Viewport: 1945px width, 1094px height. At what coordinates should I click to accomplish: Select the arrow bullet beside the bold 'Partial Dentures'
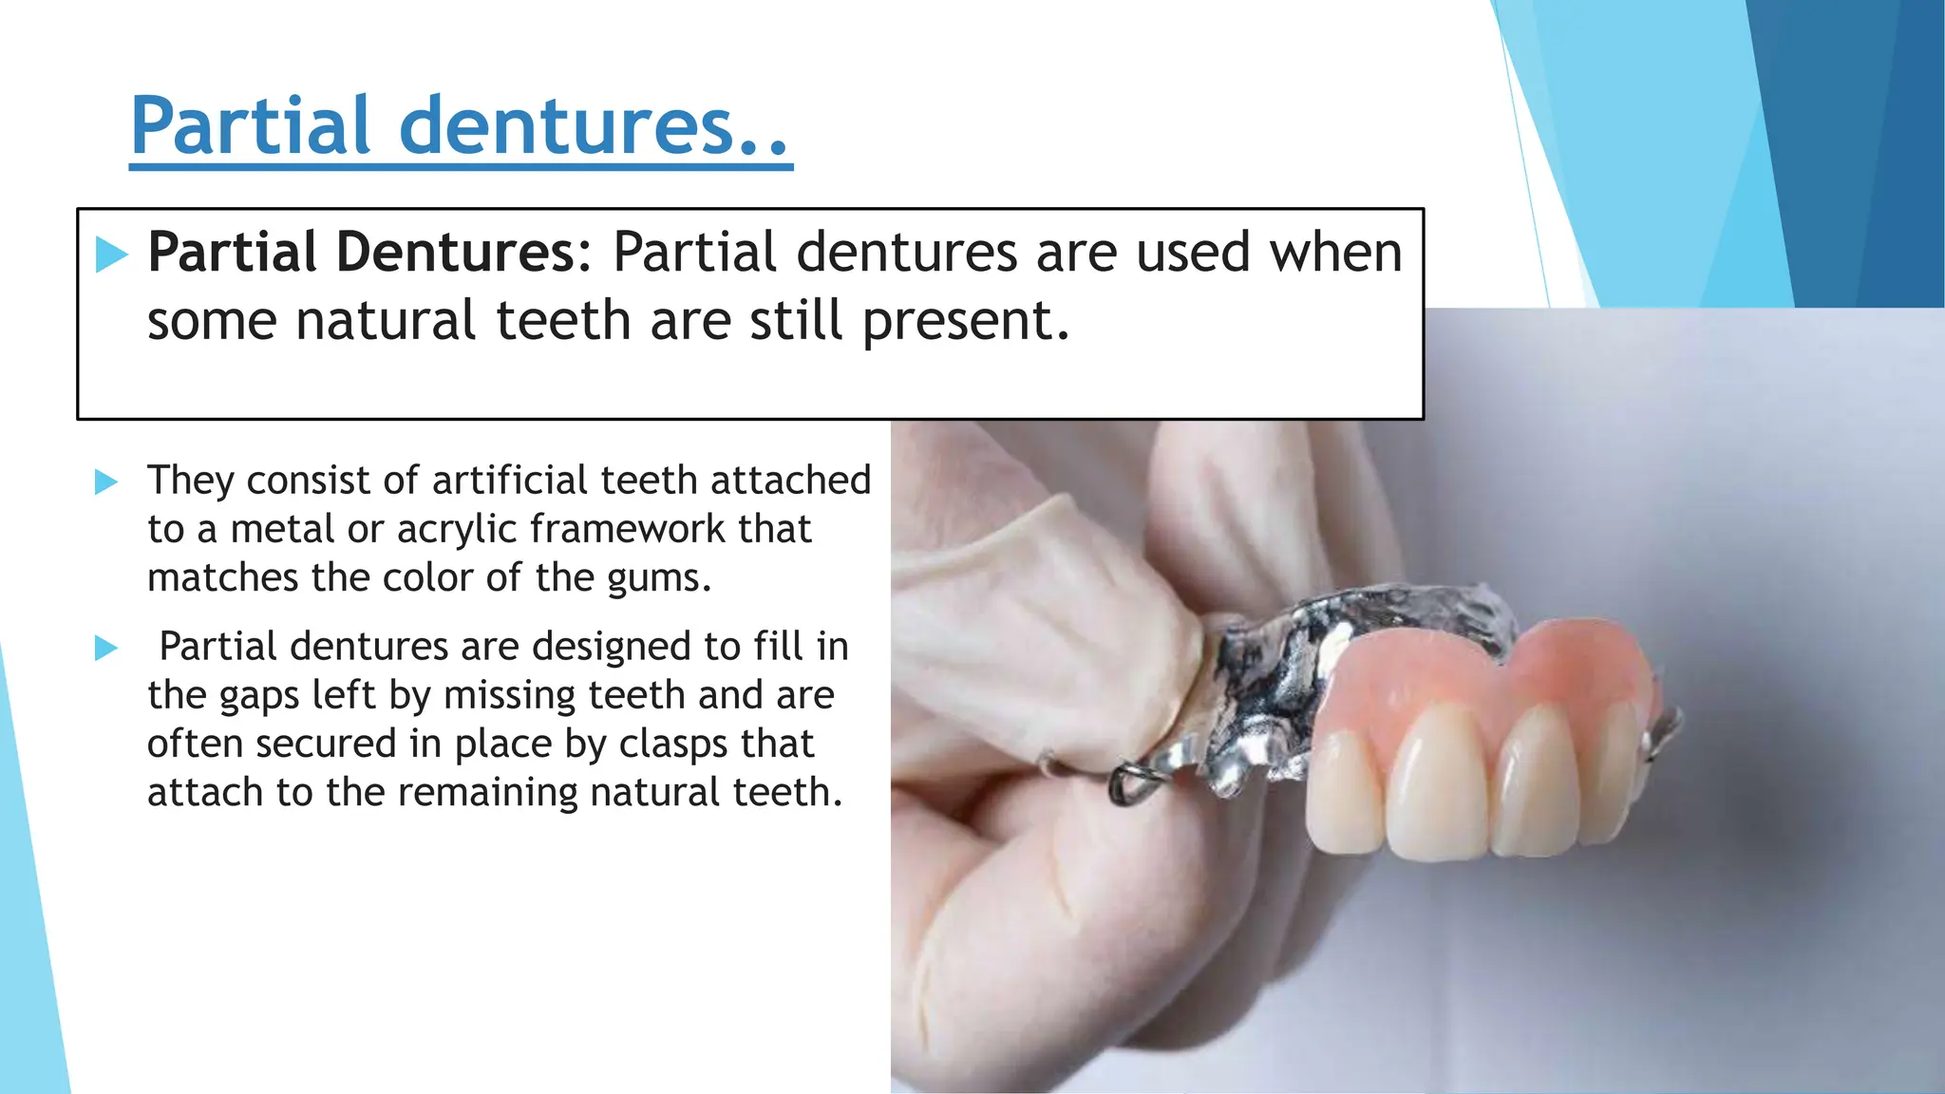click(111, 255)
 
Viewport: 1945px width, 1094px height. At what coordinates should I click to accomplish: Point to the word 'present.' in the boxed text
click(966, 321)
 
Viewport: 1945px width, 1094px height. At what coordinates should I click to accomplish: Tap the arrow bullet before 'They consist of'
click(106, 482)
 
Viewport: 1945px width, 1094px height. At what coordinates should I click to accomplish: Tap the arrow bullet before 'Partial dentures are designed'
click(106, 649)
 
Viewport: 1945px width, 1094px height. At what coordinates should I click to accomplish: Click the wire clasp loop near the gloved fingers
click(1129, 783)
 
